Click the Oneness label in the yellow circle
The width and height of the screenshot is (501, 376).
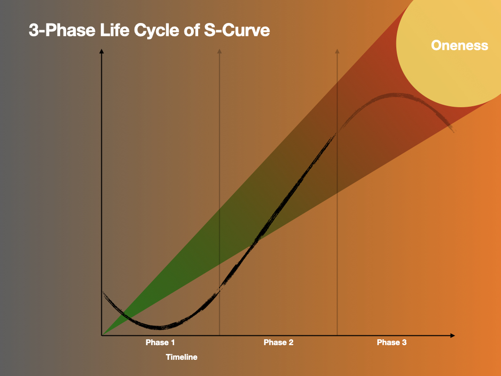[459, 46]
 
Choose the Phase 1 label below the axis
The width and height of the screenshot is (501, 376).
[160, 342]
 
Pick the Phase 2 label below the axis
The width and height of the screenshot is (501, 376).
[278, 342]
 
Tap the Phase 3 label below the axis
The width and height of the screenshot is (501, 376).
[391, 342]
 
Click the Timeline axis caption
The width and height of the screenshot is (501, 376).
[182, 357]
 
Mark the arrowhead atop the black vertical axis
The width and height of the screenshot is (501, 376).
[101, 51]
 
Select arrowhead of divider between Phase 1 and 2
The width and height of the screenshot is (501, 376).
[219, 51]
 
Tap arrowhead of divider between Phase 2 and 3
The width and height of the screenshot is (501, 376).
[337, 51]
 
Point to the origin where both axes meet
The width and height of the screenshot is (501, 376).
[102, 335]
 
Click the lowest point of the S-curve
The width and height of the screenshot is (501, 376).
[159, 327]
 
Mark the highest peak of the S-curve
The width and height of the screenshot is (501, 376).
[394, 94]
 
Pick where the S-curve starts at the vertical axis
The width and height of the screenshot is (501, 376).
[103, 292]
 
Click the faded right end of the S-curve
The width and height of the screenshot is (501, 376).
[453, 130]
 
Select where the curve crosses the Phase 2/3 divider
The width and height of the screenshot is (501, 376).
[337, 131]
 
